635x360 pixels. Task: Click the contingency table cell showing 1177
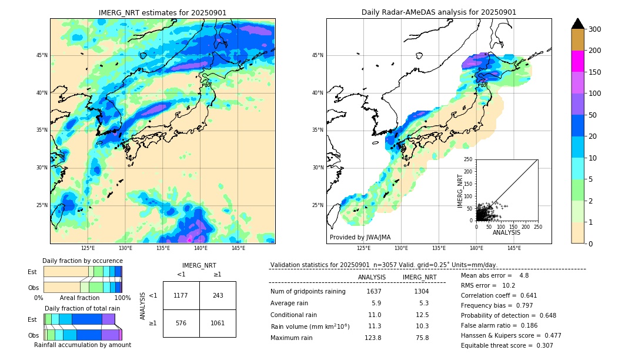pyautogui.click(x=181, y=295)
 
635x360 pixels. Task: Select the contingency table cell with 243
pyautogui.click(x=218, y=295)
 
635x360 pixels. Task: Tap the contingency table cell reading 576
pyautogui.click(x=181, y=323)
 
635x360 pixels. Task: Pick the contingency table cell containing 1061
pyautogui.click(x=218, y=323)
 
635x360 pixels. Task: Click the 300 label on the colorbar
pyautogui.click(x=596, y=29)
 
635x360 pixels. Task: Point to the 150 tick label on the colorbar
pyautogui.click(x=596, y=72)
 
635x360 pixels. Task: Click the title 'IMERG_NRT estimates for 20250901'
pyautogui.click(x=162, y=13)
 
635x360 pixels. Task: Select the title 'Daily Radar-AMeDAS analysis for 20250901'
pyautogui.click(x=439, y=13)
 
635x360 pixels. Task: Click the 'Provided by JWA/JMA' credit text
pyautogui.click(x=360, y=238)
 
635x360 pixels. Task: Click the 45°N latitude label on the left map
pyautogui.click(x=42, y=55)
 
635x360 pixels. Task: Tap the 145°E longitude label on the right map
pyautogui.click(x=514, y=248)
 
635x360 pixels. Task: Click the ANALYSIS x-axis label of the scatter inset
pyautogui.click(x=506, y=232)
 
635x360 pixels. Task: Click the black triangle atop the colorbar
pyautogui.click(x=578, y=24)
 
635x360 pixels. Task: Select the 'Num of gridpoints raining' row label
pyautogui.click(x=308, y=292)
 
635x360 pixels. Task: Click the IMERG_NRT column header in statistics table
pyautogui.click(x=419, y=277)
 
